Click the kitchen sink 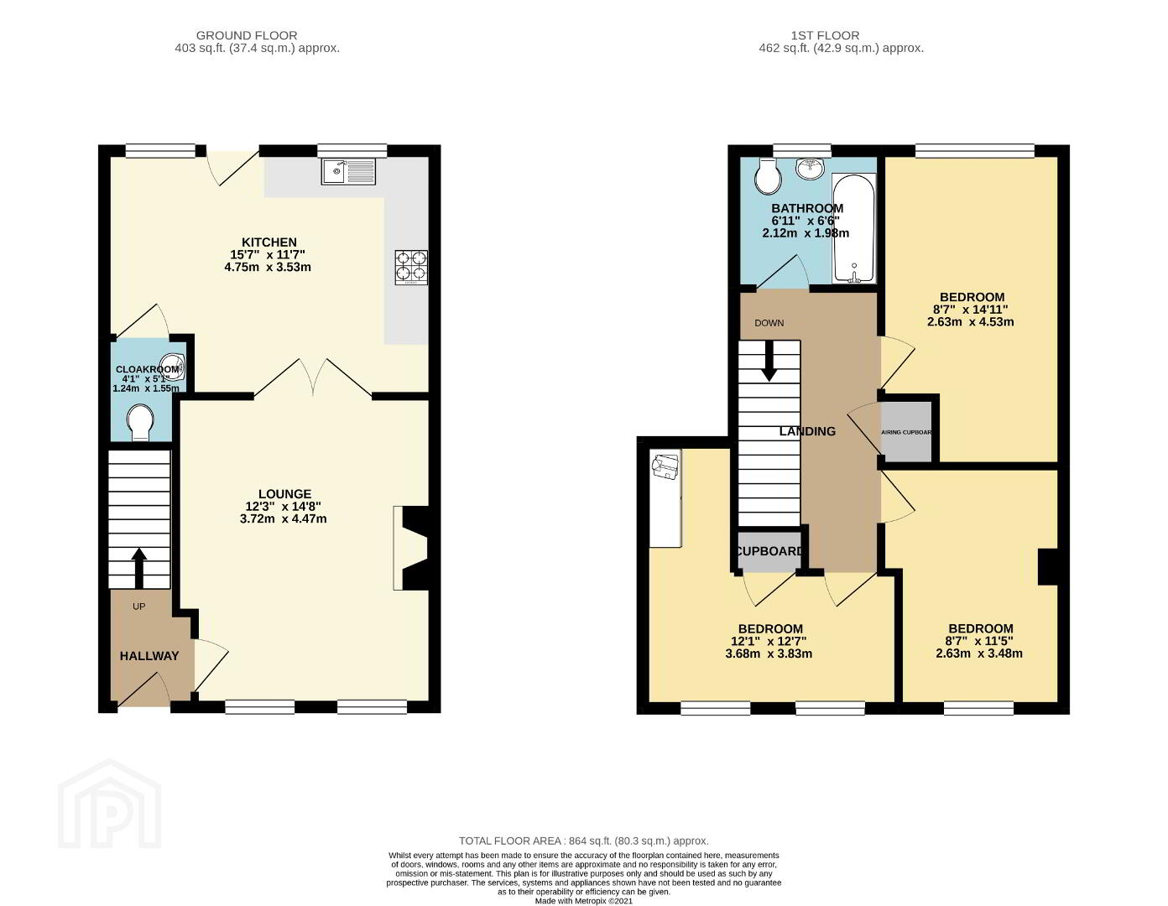(x=350, y=171)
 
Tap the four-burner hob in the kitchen (x=412, y=268)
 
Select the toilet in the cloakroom (x=140, y=424)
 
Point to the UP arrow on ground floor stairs (x=138, y=567)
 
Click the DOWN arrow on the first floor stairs (x=769, y=361)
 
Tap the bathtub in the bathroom (x=854, y=228)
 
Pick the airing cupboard (x=906, y=431)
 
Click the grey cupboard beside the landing (x=769, y=551)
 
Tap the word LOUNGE (x=285, y=494)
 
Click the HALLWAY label (x=149, y=656)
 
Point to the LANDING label (x=807, y=431)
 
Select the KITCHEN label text (x=269, y=242)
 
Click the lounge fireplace (x=411, y=548)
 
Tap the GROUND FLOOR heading (x=247, y=35)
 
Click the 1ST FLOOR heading (x=825, y=35)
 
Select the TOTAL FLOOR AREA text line (x=584, y=841)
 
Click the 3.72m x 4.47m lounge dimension (x=284, y=519)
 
